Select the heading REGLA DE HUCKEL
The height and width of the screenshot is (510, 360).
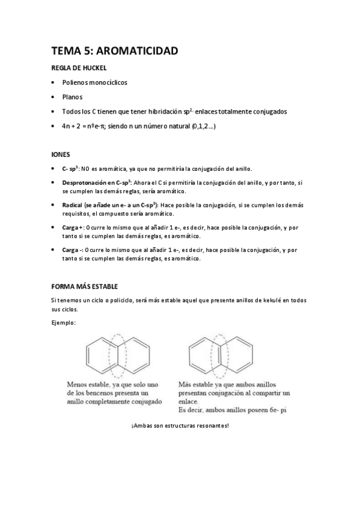pyautogui.click(x=79, y=68)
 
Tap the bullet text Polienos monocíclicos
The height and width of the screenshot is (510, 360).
pyautogui.click(x=95, y=82)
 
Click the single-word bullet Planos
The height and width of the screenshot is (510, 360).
pyautogui.click(x=72, y=97)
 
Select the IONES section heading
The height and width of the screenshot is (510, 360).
pyautogui.click(x=61, y=154)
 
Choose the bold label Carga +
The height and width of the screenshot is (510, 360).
pyautogui.click(x=73, y=228)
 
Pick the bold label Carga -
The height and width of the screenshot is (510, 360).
pyautogui.click(x=72, y=250)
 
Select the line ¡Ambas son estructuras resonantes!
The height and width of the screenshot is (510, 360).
pyautogui.click(x=180, y=425)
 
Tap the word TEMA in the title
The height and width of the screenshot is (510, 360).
pyautogui.click(x=64, y=52)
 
